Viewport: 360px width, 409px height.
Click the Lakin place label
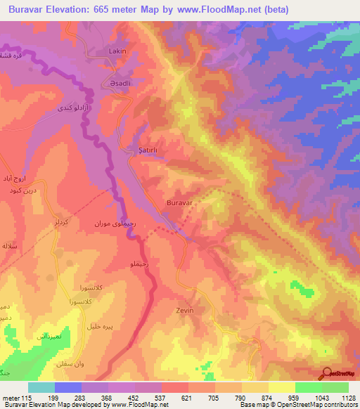tap(117, 51)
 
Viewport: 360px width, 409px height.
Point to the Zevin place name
tap(184, 309)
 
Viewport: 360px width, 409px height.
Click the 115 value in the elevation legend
tap(29, 398)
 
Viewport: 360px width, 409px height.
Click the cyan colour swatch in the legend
tap(41, 387)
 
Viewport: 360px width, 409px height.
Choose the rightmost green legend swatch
tap(335, 387)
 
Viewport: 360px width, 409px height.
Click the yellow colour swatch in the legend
tap(282, 387)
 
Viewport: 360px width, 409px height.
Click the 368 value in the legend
tap(108, 398)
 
